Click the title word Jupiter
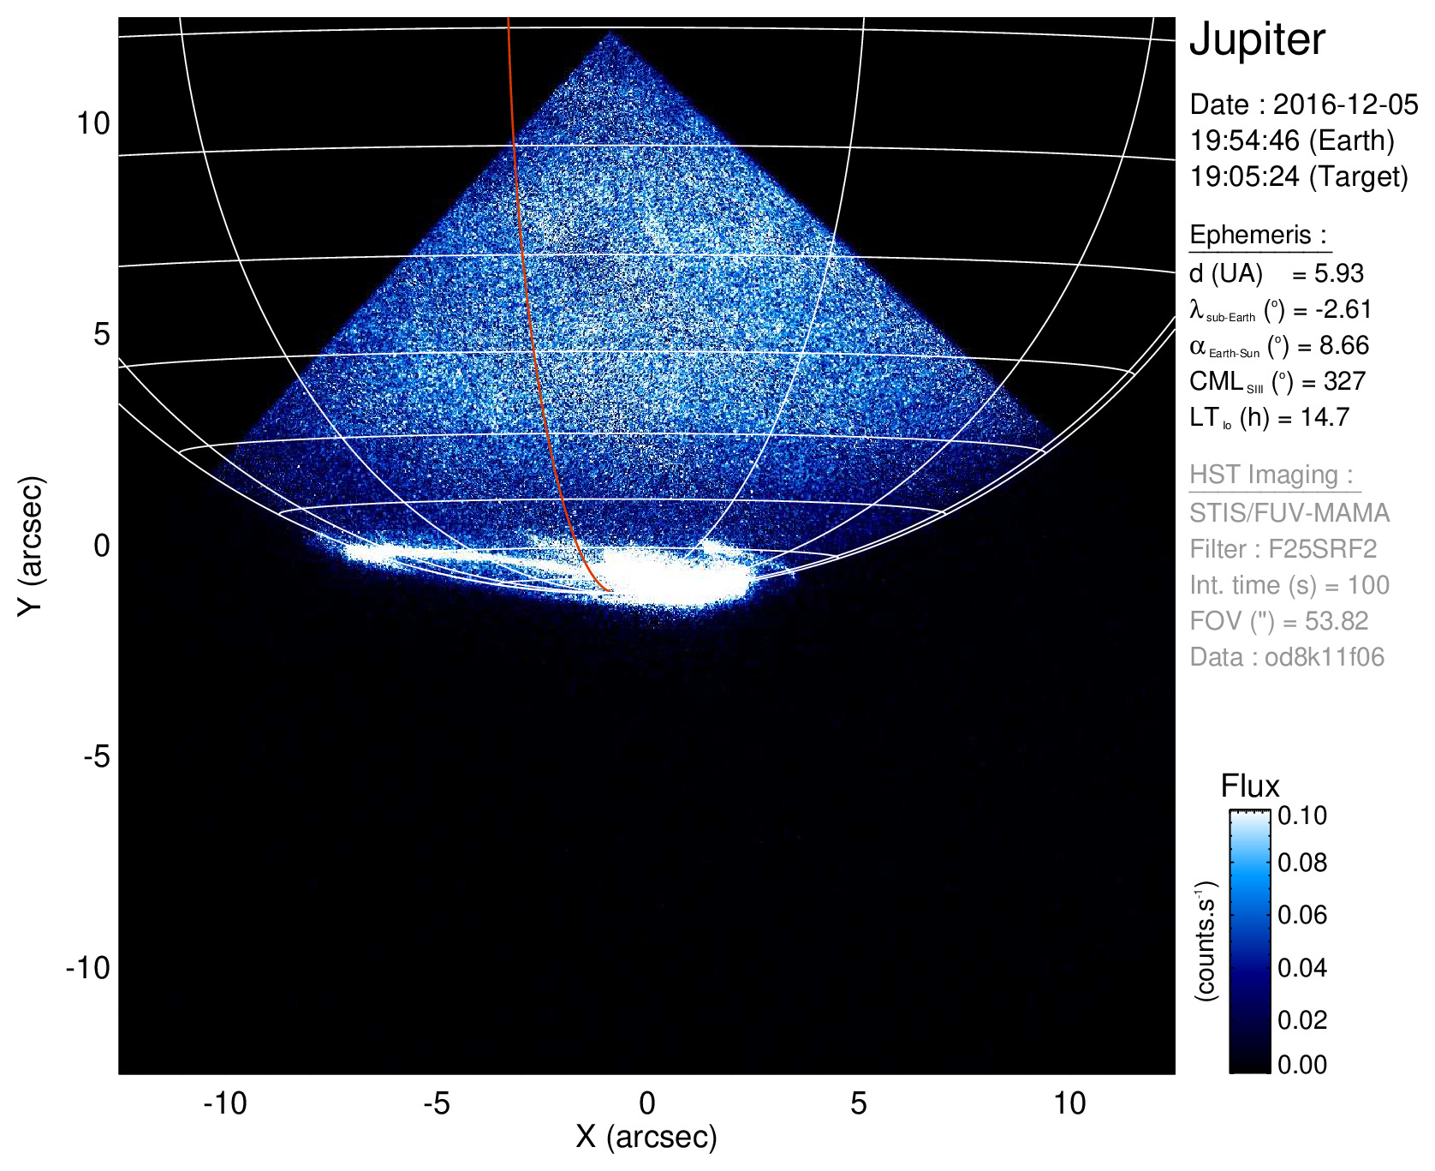tap(1257, 39)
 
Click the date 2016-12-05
tap(1345, 105)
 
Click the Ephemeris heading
tap(1258, 235)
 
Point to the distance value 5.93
tap(1339, 273)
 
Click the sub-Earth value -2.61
tap(1343, 309)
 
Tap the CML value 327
tap(1344, 381)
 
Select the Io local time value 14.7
tap(1325, 417)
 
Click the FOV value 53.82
tap(1337, 621)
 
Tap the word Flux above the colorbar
tap(1250, 786)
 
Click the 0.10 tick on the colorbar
tap(1302, 816)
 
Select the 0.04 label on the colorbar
tap(1302, 968)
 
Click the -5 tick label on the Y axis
tap(97, 756)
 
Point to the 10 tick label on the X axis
tap(1069, 1103)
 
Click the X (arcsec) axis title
tap(646, 1137)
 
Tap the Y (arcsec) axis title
tap(31, 546)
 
